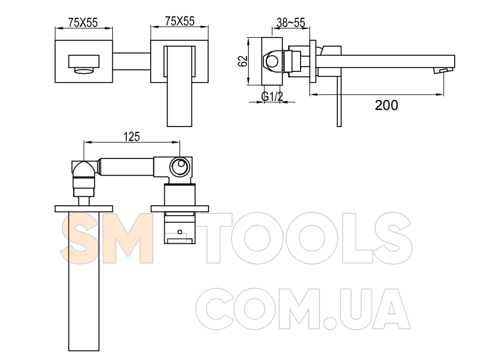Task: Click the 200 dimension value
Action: [386, 105]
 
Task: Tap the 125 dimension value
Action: [132, 137]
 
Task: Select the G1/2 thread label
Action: [272, 96]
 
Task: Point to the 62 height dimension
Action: [243, 61]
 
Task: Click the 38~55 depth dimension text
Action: [291, 22]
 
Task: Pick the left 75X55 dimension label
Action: [83, 22]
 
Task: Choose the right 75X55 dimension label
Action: [180, 21]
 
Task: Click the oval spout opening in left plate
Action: [84, 70]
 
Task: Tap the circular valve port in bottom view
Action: [180, 166]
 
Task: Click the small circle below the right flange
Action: [180, 232]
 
